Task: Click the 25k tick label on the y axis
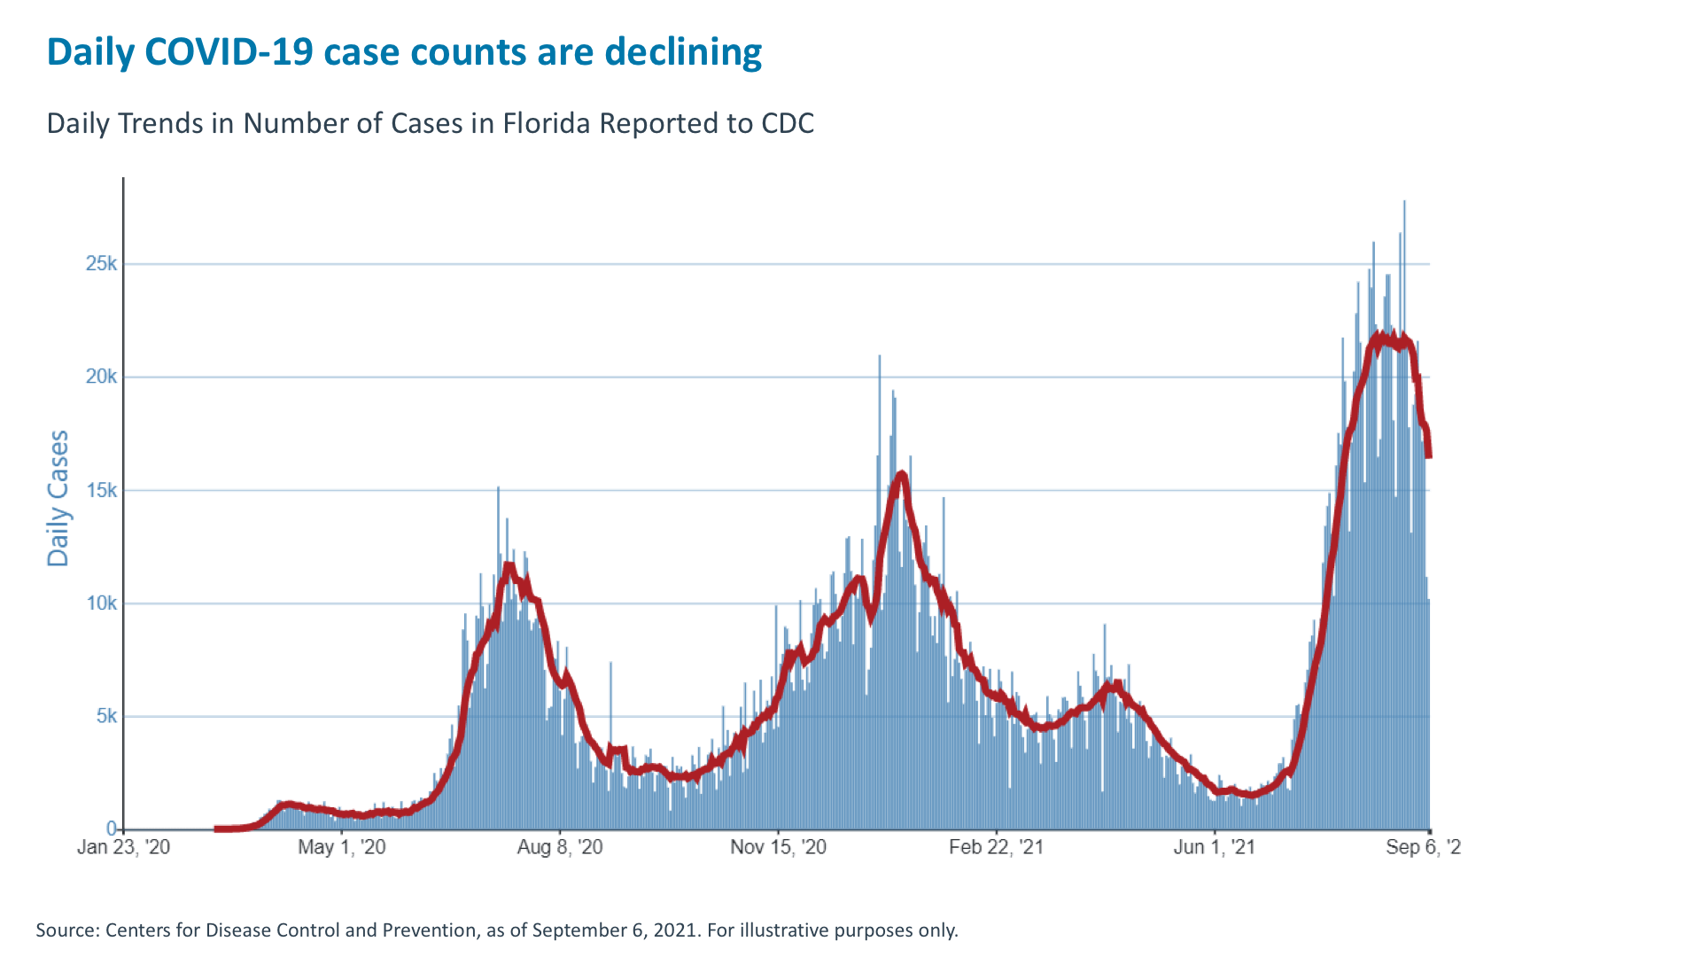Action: (101, 264)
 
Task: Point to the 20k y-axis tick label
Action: (101, 377)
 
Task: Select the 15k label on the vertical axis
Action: (101, 490)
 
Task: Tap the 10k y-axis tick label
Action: (101, 603)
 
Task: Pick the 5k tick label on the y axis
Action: (106, 716)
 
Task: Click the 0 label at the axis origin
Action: (112, 829)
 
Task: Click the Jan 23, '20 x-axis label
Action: (123, 847)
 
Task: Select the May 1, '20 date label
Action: (342, 847)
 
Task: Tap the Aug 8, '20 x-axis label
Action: (560, 847)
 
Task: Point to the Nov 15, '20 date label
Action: (778, 847)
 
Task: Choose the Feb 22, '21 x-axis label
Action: (996, 847)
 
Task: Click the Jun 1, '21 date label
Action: (1214, 847)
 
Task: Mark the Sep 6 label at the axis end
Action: (1423, 847)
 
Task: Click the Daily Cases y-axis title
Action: (58, 498)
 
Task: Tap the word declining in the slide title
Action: (683, 52)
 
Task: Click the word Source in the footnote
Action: (66, 930)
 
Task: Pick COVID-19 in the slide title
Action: (229, 52)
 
